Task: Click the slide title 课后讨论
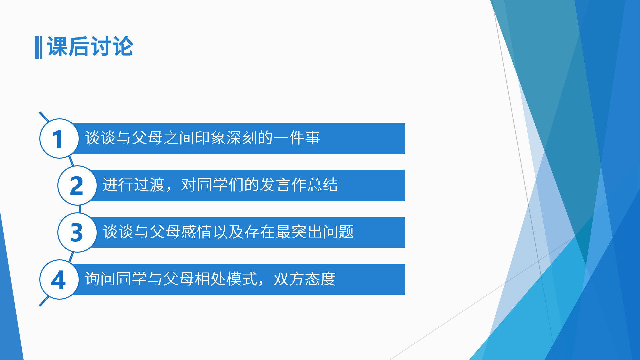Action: (x=90, y=47)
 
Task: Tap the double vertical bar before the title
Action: (x=38, y=47)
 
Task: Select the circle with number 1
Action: (x=59, y=138)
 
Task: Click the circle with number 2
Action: (x=77, y=185)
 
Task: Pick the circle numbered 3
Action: (x=77, y=232)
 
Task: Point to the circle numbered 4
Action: (x=59, y=279)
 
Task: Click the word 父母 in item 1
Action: (x=147, y=138)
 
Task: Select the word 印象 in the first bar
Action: (x=210, y=138)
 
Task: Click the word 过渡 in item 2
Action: (x=149, y=185)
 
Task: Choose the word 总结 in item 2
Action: (x=323, y=185)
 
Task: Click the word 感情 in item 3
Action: (x=197, y=232)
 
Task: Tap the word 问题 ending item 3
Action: (x=338, y=232)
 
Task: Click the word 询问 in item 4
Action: (x=100, y=279)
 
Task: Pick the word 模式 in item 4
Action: (x=242, y=279)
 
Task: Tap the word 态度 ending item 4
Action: (x=321, y=279)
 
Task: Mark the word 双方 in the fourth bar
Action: (x=289, y=279)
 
